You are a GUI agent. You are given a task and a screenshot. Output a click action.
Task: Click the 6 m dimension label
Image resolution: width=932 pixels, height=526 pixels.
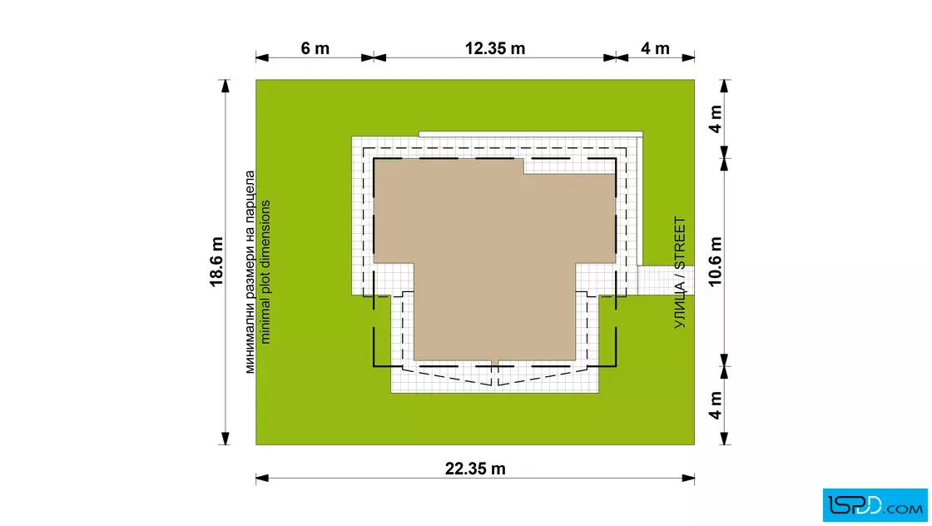[x=315, y=48]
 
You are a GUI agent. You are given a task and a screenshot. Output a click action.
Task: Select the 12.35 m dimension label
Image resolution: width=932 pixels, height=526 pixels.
[x=495, y=48]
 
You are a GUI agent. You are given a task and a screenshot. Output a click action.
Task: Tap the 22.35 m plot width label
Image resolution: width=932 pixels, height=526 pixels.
[x=475, y=469]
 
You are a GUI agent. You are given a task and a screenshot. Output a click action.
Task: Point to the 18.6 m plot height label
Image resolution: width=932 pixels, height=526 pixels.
[x=216, y=261]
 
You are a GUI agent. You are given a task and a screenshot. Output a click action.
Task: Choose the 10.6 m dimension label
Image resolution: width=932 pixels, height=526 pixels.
[x=716, y=261]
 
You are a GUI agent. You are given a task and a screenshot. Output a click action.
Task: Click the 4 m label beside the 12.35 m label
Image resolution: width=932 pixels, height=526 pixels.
[x=655, y=48]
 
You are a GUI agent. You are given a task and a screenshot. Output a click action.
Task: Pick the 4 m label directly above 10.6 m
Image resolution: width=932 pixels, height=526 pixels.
[x=716, y=119]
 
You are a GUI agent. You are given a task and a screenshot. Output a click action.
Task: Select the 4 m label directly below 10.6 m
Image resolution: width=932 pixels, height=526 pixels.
[x=716, y=404]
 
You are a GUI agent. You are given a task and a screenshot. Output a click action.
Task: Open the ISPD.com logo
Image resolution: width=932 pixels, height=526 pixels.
[x=875, y=505]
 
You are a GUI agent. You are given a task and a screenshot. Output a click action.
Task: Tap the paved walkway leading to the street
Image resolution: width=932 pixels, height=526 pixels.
[x=666, y=280]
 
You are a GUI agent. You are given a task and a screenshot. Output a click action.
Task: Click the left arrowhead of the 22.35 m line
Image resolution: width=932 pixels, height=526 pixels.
[x=262, y=478]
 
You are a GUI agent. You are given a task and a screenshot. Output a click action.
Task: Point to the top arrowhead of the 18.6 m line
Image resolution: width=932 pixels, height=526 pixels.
[x=226, y=87]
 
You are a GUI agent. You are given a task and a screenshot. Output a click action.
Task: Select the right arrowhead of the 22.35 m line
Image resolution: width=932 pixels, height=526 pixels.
[x=688, y=478]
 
